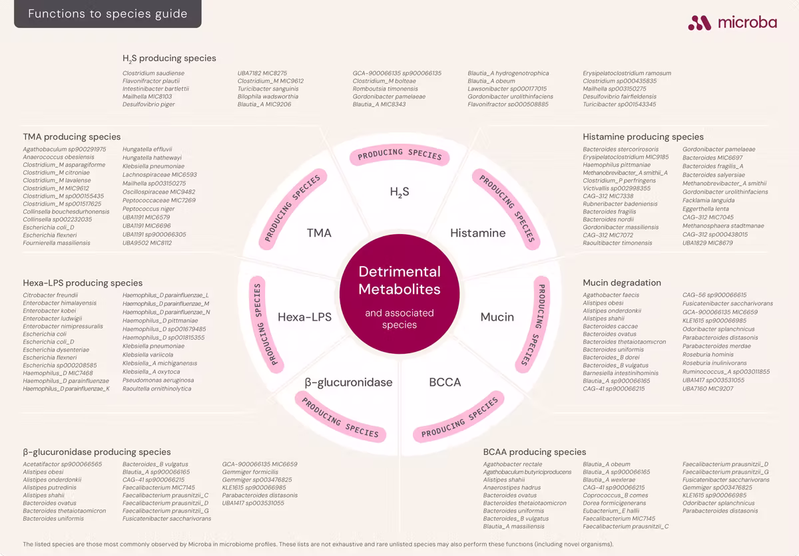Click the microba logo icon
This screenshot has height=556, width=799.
(x=700, y=23)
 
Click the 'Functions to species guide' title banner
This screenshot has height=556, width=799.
(x=108, y=13)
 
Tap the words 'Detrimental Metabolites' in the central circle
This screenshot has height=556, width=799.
(x=400, y=280)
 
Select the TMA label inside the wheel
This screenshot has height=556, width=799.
(x=319, y=233)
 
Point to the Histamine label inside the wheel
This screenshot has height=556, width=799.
(x=478, y=233)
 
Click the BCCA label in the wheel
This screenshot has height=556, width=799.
(x=445, y=382)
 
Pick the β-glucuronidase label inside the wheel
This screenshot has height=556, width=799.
(x=348, y=382)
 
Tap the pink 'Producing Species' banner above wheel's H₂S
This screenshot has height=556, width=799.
(x=400, y=155)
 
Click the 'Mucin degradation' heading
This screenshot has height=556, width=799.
(x=622, y=283)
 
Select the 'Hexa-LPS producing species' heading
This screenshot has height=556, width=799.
(x=83, y=283)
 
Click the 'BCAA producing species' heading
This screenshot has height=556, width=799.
(x=534, y=452)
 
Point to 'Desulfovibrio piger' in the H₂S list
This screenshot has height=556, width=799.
(x=148, y=104)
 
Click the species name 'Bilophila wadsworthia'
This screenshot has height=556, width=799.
(x=268, y=96)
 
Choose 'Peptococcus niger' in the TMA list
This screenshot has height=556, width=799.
(x=148, y=209)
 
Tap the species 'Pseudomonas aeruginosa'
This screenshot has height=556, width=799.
(x=158, y=380)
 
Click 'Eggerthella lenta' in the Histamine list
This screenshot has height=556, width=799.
(x=706, y=209)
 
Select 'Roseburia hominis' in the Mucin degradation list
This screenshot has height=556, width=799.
(x=708, y=354)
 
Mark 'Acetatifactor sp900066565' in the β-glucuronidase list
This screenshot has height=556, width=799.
(x=63, y=464)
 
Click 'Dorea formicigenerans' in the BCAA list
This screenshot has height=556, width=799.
(x=614, y=503)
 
